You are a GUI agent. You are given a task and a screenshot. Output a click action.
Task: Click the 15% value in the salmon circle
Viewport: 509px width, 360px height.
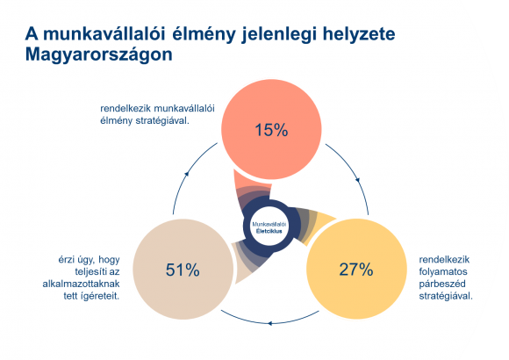click(x=271, y=130)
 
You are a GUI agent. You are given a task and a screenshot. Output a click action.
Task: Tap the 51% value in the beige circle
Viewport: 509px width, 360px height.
click(x=183, y=270)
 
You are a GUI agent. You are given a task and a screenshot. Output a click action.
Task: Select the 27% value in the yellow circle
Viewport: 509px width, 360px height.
click(x=356, y=270)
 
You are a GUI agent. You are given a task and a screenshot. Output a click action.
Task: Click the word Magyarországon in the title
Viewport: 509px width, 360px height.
click(x=98, y=54)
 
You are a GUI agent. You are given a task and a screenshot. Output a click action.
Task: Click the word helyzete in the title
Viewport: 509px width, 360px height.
click(x=359, y=34)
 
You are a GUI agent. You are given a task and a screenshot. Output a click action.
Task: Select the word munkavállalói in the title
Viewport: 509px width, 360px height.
click(x=104, y=34)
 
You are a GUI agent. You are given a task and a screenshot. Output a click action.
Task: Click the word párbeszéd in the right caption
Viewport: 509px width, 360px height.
click(x=442, y=284)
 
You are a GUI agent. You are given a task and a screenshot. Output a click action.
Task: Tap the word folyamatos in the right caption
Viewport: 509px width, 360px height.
click(x=443, y=271)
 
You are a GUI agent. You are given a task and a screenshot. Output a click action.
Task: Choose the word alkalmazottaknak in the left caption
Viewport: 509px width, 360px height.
click(x=81, y=284)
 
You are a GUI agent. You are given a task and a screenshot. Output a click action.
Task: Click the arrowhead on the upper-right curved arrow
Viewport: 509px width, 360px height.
click(x=358, y=180)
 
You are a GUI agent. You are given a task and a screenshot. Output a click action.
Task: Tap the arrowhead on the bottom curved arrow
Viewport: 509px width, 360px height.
click(x=270, y=323)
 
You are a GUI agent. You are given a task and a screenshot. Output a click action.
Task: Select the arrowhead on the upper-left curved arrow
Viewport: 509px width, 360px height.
click(x=186, y=174)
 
